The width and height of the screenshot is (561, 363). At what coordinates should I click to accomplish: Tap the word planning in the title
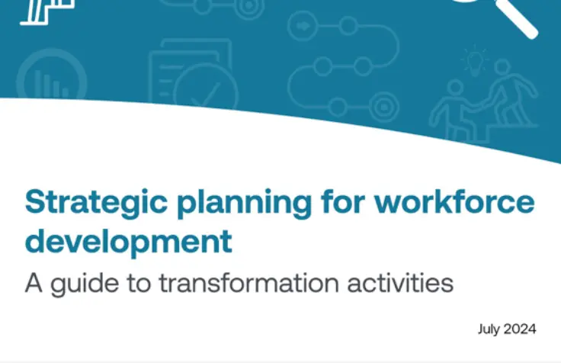tap(245, 204)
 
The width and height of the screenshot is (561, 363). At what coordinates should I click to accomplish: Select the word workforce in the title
tap(454, 201)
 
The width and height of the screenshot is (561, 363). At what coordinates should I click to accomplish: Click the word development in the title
tap(129, 242)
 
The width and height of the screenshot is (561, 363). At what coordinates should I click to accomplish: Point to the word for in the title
tap(343, 201)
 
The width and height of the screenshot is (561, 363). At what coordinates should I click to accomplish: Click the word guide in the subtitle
tap(85, 284)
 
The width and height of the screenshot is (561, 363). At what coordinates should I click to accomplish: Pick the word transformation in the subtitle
tap(248, 282)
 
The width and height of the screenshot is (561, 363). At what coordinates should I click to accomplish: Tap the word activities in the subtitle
tap(400, 282)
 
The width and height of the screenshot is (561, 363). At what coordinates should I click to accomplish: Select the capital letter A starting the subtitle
tap(34, 283)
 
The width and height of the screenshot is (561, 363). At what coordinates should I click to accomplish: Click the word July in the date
tap(489, 329)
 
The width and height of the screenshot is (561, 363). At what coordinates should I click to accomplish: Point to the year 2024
tap(520, 329)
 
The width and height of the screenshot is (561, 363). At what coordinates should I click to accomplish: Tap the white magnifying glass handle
tap(518, 18)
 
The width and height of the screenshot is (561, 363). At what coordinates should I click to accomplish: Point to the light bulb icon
tap(475, 61)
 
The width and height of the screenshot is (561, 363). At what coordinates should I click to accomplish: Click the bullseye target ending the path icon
tap(384, 107)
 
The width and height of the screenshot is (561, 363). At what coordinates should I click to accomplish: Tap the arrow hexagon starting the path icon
tap(303, 26)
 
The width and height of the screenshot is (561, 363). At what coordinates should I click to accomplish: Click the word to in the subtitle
tap(139, 283)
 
